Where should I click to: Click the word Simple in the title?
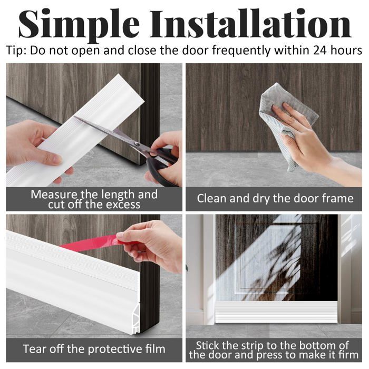[x=79, y=25]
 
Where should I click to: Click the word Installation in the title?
[x=250, y=24]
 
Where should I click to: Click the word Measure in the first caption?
[x=54, y=195]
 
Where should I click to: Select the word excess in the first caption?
[x=123, y=205]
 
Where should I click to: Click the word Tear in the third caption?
[x=34, y=349]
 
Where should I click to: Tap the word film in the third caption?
[x=156, y=349]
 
